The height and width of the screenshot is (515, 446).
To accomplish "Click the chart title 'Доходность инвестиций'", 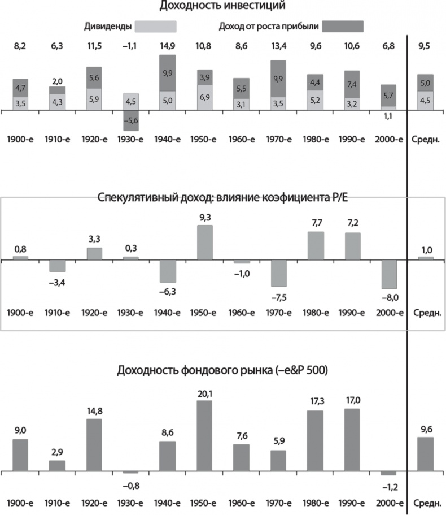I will coord(222,6).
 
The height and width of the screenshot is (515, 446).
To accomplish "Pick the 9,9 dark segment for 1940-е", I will coord(168,73).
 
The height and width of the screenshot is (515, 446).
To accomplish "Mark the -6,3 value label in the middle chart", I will coord(168,292).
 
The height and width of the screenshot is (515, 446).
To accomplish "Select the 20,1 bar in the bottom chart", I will coord(204,436).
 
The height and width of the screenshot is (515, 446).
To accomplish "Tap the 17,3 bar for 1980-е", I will coord(315,441).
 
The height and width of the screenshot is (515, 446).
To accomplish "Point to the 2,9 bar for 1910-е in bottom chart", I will coord(57,465).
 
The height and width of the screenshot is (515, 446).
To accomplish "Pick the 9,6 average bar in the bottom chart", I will coord(426,454).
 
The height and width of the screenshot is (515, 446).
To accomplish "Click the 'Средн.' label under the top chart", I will coord(426,139).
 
